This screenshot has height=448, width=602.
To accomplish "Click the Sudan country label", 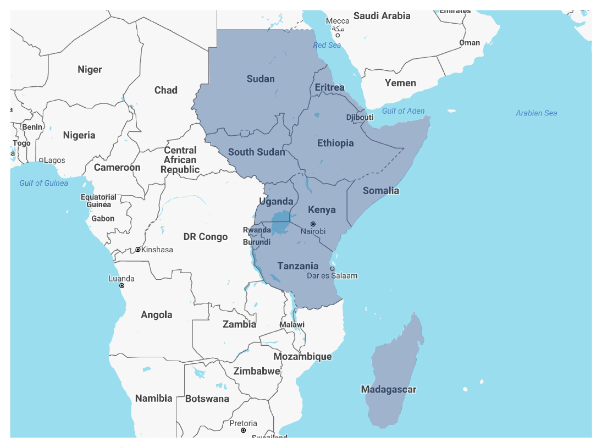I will [261, 79].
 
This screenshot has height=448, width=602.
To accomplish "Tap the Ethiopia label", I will [335, 143].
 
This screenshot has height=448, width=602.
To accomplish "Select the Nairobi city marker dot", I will [313, 224].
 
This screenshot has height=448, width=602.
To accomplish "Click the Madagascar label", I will [388, 389].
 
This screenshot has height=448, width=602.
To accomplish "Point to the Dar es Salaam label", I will [332, 275].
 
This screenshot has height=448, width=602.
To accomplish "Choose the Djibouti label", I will [360, 117].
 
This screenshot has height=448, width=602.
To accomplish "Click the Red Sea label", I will [327, 45].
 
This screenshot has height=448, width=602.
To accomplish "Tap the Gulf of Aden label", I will [403, 111].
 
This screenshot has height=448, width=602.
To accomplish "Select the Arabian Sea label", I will [536, 113].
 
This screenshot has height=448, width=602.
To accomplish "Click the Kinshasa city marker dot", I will [138, 250].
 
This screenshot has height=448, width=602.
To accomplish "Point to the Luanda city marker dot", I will [122, 285].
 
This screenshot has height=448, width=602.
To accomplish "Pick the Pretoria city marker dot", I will [243, 430].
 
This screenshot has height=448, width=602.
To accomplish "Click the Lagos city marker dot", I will [41, 161].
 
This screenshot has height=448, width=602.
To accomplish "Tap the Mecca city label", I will [338, 21].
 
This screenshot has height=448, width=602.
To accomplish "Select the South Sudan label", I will [256, 152].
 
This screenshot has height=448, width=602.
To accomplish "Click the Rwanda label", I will [257, 230].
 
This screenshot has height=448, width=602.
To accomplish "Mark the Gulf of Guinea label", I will [44, 183].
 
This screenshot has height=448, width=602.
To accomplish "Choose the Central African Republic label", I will [180, 159].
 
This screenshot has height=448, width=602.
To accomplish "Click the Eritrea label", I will [329, 87].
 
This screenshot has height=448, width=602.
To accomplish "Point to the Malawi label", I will [291, 324].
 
